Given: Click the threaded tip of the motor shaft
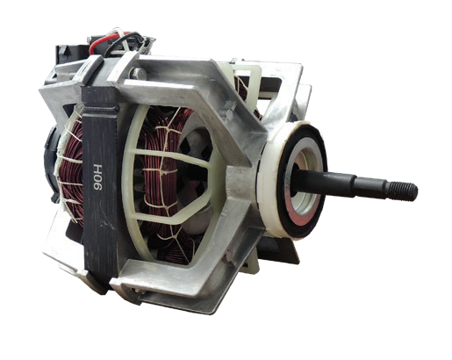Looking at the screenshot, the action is [403, 191].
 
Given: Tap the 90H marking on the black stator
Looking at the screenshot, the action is [97, 177].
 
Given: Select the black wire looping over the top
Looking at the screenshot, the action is [125, 41].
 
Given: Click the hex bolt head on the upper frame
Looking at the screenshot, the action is [138, 73].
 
